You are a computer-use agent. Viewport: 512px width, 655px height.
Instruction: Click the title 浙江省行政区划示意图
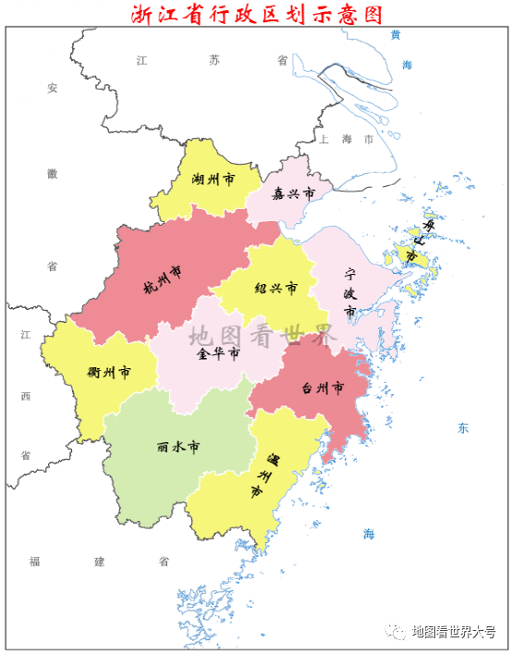coord(256,13)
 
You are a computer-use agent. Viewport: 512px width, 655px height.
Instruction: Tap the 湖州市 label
coord(213,179)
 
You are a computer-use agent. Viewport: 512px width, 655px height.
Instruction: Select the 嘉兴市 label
coord(293,193)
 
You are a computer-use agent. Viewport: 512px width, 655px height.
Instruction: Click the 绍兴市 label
coord(276,288)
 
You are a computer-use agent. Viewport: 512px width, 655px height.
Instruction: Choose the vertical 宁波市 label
coord(350,293)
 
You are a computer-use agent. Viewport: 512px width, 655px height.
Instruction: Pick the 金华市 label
coord(218,353)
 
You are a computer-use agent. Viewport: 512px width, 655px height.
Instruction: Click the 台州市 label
coord(323,388)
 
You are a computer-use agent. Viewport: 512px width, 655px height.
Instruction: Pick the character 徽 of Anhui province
coord(53,173)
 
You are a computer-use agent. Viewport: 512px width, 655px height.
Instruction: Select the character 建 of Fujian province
coord(99,562)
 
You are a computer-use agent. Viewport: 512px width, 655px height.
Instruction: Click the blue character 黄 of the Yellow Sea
coord(396,35)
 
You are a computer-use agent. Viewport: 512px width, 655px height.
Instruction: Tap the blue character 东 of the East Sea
coord(463,428)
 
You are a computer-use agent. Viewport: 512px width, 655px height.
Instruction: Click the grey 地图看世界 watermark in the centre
coord(261,335)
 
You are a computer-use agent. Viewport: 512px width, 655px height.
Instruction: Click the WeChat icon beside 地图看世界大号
coord(397,631)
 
